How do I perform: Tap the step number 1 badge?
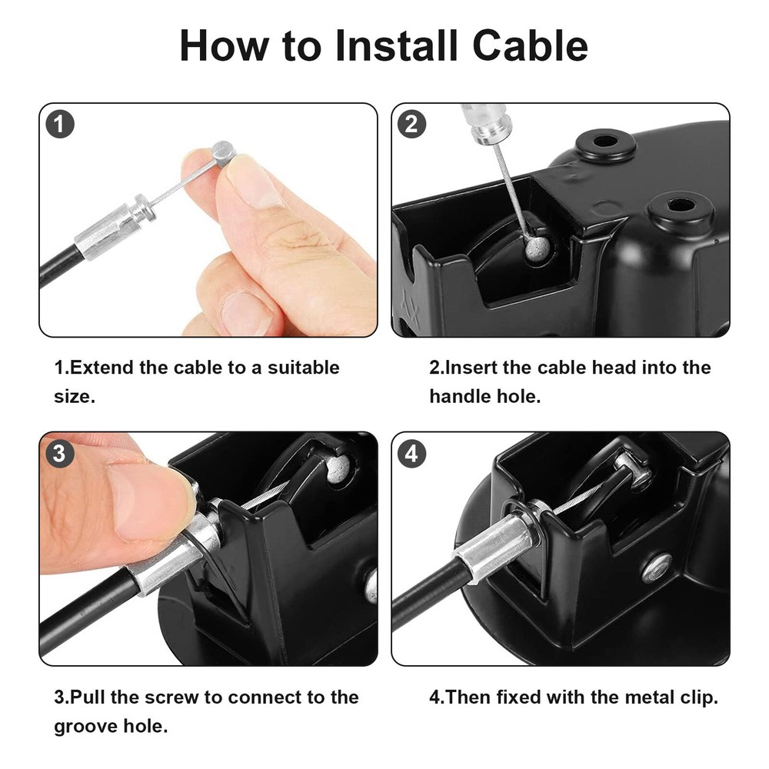(60, 125)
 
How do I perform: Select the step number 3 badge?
(59, 454)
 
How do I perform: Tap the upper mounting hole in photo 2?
(606, 143)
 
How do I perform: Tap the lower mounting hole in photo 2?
(681, 205)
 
